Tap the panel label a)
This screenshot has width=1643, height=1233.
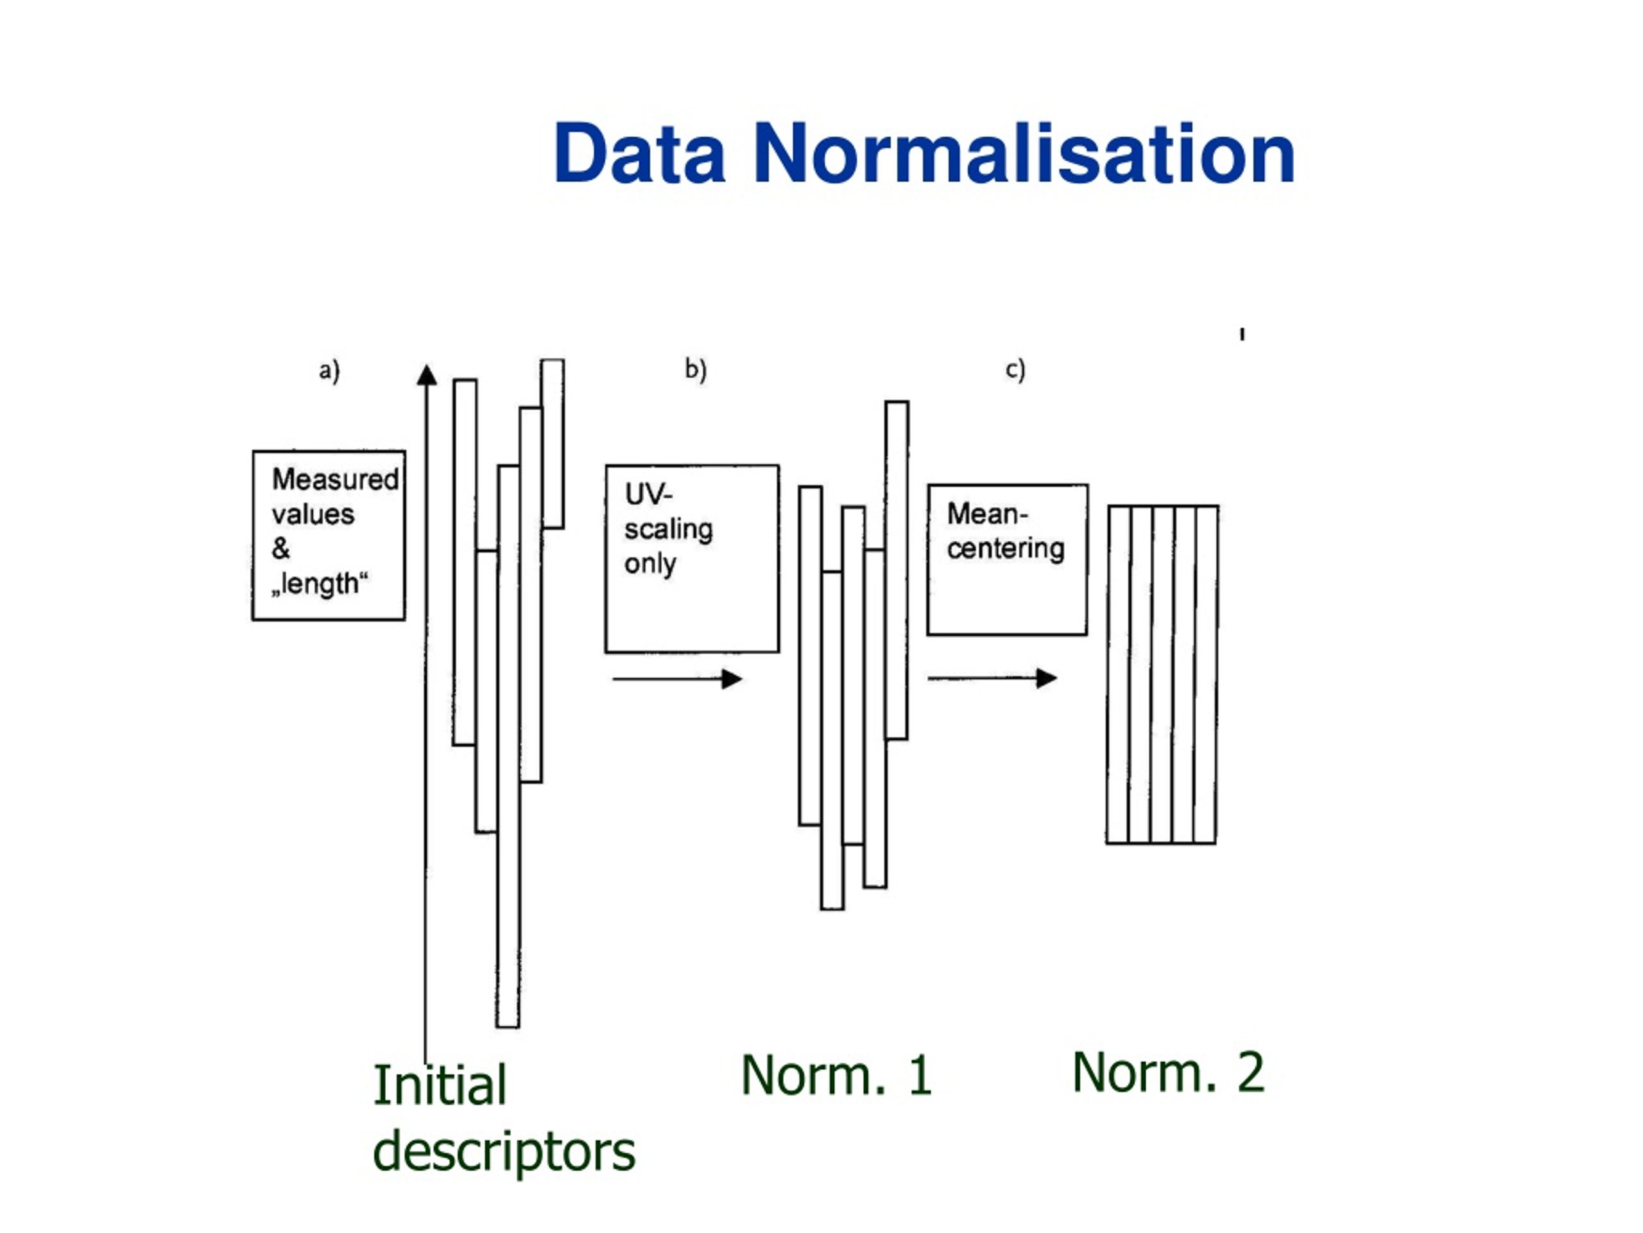click(329, 370)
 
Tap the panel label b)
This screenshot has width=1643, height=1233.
click(695, 369)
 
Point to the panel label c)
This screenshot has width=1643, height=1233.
click(1015, 369)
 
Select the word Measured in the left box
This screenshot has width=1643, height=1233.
click(336, 479)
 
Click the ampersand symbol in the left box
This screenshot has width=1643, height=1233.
click(280, 548)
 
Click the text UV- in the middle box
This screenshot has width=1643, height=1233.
click(648, 494)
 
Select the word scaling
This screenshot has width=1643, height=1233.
click(669, 530)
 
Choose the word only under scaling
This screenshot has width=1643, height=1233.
click(650, 564)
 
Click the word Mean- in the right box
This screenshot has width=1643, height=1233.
click(987, 514)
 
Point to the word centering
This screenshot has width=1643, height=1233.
click(1006, 549)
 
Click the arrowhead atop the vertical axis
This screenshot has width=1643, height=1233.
click(427, 374)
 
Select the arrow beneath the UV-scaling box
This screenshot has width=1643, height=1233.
click(677, 679)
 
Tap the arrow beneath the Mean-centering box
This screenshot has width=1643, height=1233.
click(992, 678)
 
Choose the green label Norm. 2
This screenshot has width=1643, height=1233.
click(1168, 1072)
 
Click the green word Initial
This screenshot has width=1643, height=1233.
click(440, 1085)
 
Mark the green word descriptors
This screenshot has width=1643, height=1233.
click(504, 1151)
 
